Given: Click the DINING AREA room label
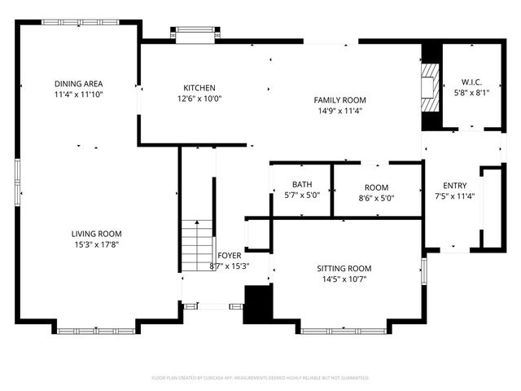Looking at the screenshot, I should coord(78,84).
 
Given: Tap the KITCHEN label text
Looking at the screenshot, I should coord(199,88).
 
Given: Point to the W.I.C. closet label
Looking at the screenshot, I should coord(471,81).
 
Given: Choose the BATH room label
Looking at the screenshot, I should coord(302,184).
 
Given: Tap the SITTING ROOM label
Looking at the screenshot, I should coord(344,269).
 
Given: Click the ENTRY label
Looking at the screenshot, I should coord(454,185).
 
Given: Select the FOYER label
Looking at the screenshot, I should coord(229,255).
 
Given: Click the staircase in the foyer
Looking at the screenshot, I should coord(196,246).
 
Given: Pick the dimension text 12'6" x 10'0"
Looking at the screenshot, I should coord(199,99).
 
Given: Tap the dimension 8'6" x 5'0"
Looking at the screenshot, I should coord(376,198).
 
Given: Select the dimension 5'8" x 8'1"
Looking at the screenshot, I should coord(471,92).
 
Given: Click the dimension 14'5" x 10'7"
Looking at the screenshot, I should coord(344,279).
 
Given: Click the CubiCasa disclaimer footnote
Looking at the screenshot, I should coord(260,378).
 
